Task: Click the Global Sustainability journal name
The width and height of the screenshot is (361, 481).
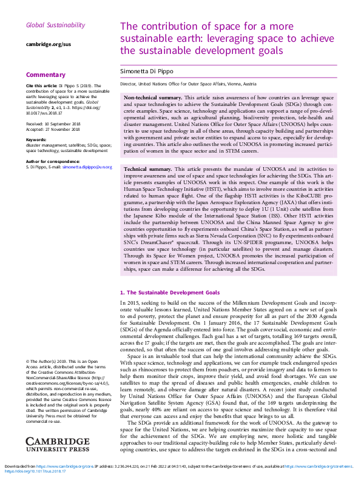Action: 55,25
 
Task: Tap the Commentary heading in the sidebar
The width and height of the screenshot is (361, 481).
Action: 46,75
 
